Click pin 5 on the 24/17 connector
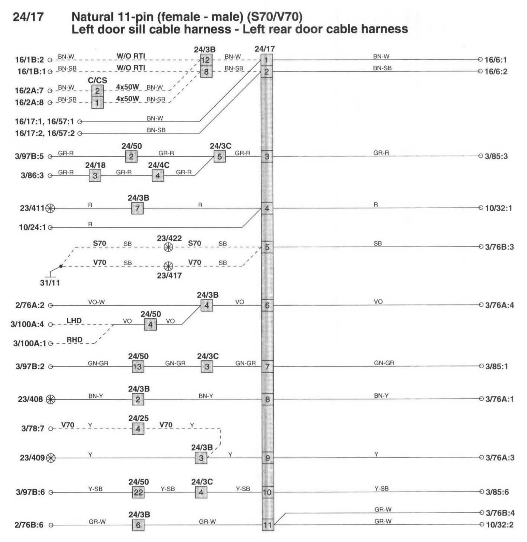tap(267, 247)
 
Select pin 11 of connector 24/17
tap(267, 525)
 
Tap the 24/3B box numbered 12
tap(206, 60)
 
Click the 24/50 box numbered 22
tap(138, 492)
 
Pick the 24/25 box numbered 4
tap(138, 429)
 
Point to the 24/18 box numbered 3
tap(95, 176)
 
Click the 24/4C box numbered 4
tap(158, 176)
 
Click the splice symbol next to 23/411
tap(51, 208)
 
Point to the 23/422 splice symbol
tap(169, 247)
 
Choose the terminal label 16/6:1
tap(495, 60)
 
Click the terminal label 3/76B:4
tap(500, 513)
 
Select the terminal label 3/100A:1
tap(30, 344)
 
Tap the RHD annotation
tap(74, 340)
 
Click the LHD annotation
tap(74, 320)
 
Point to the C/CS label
tap(97, 80)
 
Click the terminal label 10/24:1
tap(32, 228)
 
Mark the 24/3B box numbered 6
tap(138, 525)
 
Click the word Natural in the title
tap(92, 17)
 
